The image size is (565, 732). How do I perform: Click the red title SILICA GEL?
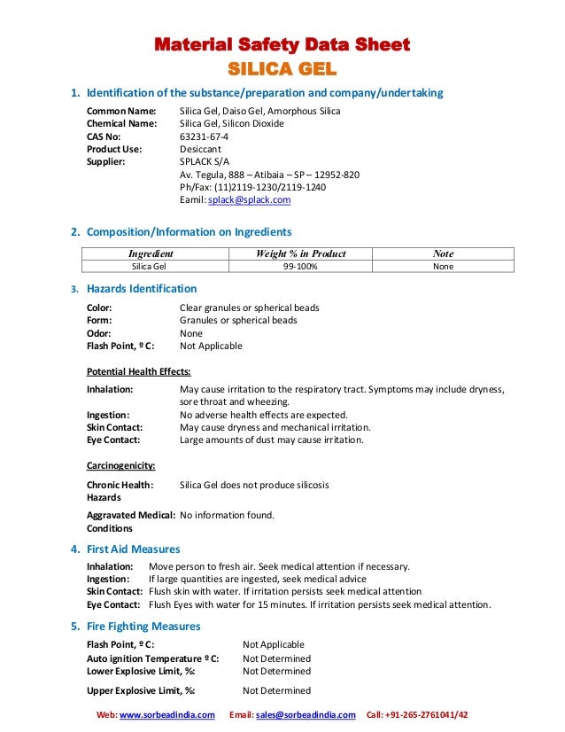pyautogui.click(x=282, y=67)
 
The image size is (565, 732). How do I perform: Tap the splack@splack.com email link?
pyautogui.click(x=249, y=200)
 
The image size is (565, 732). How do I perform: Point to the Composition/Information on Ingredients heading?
pyautogui.click(x=189, y=232)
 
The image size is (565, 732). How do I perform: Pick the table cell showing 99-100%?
pyautogui.click(x=300, y=266)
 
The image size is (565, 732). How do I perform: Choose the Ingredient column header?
pyautogui.click(x=151, y=253)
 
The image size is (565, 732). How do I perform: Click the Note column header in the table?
pyautogui.click(x=443, y=253)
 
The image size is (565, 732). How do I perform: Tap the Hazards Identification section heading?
pyautogui.click(x=141, y=289)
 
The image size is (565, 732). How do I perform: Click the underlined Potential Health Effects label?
pyautogui.click(x=138, y=371)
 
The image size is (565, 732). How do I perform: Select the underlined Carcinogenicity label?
pyautogui.click(x=120, y=465)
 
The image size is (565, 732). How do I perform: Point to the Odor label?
pyautogui.click(x=98, y=333)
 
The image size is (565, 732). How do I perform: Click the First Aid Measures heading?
pyautogui.click(x=133, y=549)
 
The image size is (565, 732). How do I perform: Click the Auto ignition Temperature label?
pyautogui.click(x=152, y=658)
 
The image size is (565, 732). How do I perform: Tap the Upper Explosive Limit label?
pyautogui.click(x=141, y=690)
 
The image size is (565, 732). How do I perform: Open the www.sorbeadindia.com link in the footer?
pyautogui.click(x=167, y=715)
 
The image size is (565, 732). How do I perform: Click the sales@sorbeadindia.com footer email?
pyautogui.click(x=306, y=715)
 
